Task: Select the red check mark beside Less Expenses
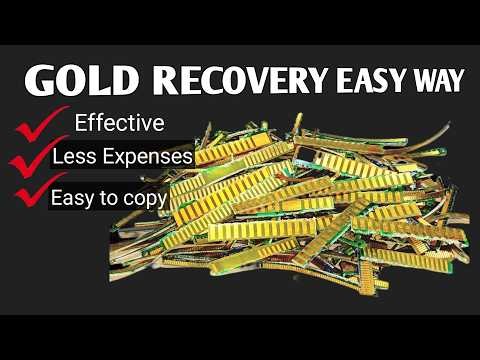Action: point(28,157)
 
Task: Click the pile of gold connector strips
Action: point(300,215)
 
